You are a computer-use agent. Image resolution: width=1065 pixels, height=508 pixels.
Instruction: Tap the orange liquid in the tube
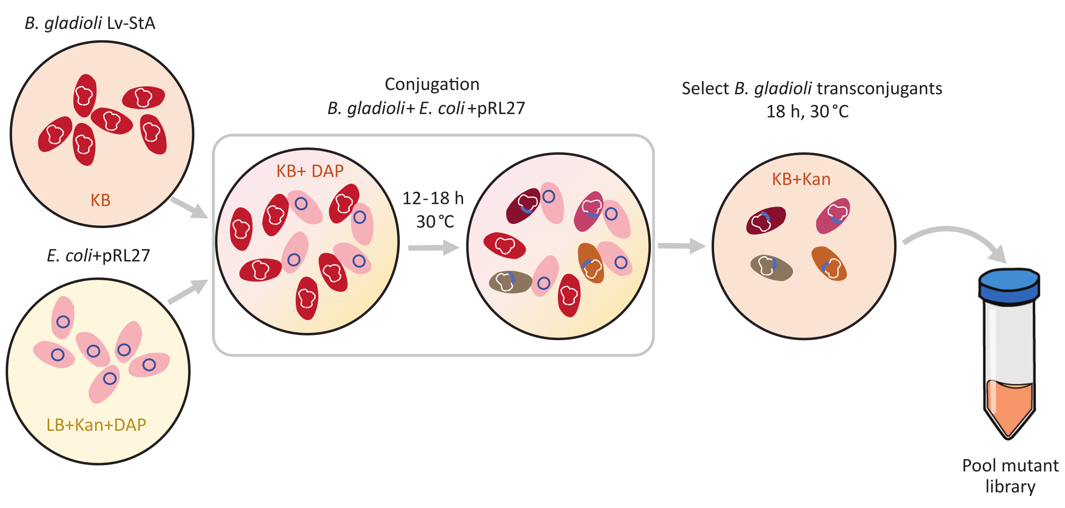point(1009,407)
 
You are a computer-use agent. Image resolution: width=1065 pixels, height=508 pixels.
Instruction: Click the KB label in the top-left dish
point(101,200)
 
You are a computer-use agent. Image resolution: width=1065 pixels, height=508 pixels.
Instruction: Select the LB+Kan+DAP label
point(96,425)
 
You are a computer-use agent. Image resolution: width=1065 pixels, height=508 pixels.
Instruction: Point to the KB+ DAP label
point(310,171)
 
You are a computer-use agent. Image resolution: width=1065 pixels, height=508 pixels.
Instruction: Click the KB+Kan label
point(801,179)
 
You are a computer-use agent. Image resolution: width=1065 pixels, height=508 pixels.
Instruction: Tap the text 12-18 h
point(433,198)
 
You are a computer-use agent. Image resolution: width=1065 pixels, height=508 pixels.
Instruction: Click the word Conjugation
point(432,84)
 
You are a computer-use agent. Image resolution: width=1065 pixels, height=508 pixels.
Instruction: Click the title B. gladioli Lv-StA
point(90,23)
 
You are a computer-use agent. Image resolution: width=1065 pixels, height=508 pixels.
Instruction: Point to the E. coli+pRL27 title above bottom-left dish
point(98,256)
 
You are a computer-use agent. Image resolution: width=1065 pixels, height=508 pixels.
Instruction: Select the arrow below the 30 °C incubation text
point(433,248)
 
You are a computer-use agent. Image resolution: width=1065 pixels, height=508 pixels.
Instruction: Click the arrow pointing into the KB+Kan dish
point(681,246)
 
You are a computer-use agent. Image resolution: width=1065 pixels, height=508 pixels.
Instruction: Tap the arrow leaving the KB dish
point(189,207)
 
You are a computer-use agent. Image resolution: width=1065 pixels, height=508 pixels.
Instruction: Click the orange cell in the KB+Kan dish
point(829,264)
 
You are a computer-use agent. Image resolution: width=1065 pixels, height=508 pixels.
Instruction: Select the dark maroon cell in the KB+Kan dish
point(766,220)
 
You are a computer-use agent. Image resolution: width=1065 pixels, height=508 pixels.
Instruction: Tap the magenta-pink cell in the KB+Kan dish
point(833,216)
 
